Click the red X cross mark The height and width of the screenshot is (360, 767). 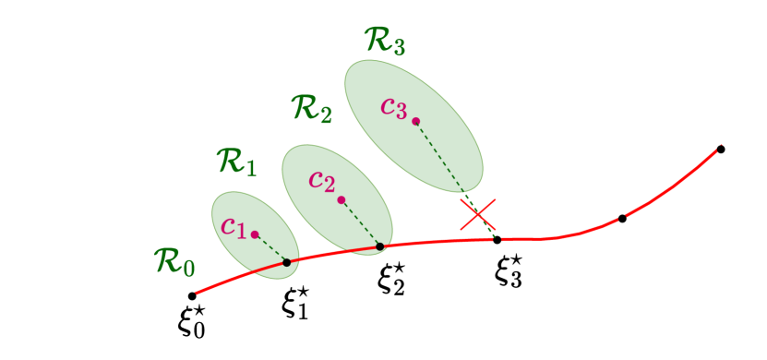pos(478,214)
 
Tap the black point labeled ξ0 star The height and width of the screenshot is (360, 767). pos(192,295)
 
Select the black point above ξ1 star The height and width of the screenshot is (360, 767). pos(287,263)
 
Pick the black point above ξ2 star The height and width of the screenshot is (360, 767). pos(380,246)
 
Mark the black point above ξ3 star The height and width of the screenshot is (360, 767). pos(497,240)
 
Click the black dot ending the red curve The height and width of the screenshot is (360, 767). pos(721,149)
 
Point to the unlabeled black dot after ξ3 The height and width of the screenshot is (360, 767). pos(622,219)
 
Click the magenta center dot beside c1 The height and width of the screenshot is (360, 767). pos(255,234)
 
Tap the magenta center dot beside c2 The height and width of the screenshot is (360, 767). pos(342,199)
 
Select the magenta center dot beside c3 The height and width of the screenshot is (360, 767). pos(415,121)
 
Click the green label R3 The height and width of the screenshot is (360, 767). pos(385,42)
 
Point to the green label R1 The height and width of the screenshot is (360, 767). pos(236,162)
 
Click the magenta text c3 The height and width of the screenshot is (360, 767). pos(394,107)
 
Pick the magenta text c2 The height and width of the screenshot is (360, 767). pos(322,180)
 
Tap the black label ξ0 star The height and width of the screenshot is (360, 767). pos(192,322)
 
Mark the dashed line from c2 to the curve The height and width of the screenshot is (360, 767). pos(361,223)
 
